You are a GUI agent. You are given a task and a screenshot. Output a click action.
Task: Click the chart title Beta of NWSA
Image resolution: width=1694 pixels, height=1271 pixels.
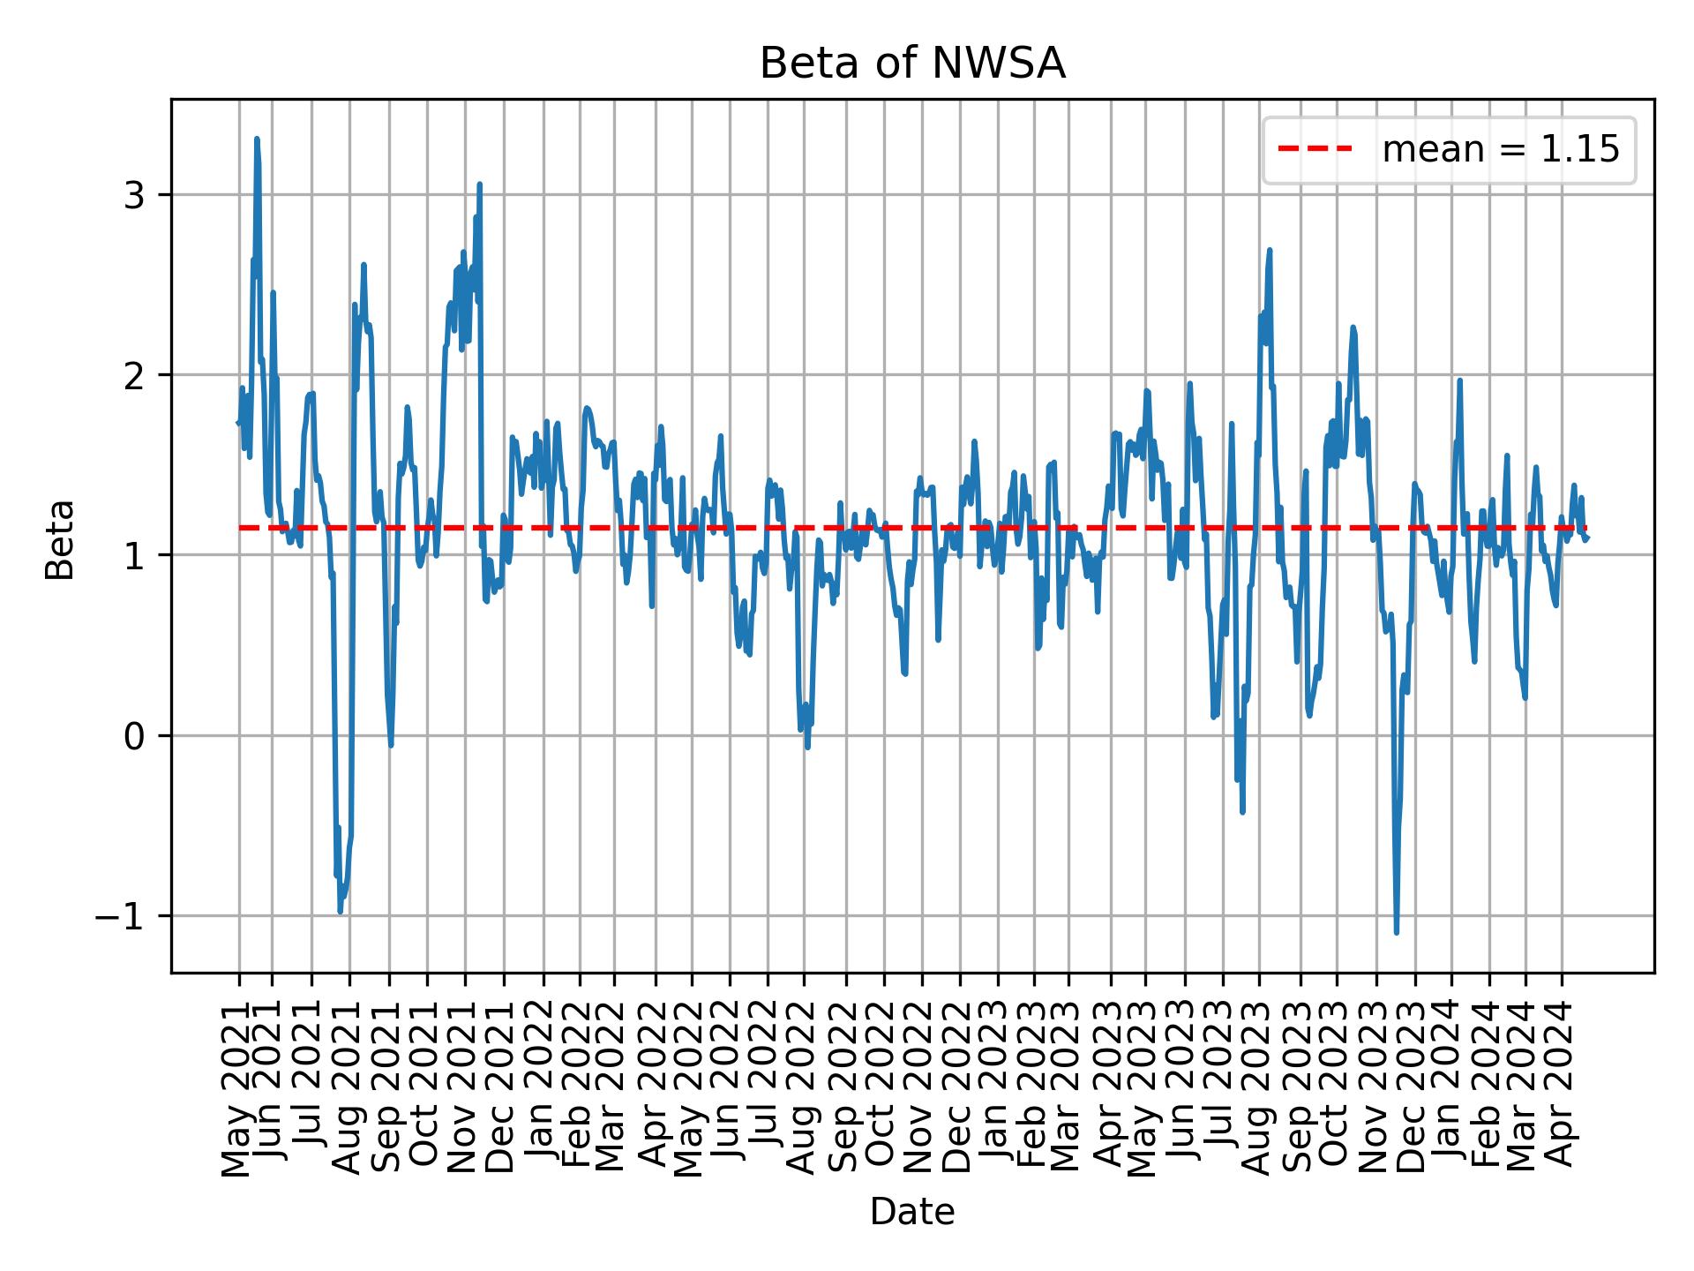click(912, 64)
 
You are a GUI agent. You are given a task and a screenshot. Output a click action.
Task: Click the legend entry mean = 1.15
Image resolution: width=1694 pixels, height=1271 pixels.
click(1500, 150)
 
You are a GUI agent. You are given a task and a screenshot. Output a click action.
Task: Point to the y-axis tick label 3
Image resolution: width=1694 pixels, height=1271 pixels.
click(133, 195)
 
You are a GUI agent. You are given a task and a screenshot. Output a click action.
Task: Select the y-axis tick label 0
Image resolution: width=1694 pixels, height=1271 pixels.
click(133, 736)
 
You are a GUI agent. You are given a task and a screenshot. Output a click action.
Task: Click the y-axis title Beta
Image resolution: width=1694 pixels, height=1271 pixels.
click(60, 539)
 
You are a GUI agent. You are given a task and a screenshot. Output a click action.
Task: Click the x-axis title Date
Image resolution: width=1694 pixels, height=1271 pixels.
click(912, 1212)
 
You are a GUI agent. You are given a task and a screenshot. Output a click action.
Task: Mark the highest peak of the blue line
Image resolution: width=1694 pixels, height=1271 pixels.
click(257, 139)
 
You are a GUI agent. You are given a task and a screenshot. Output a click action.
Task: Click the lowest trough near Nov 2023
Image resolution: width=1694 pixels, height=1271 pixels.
click(1396, 931)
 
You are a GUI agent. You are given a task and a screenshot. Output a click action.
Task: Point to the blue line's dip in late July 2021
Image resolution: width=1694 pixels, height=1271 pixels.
click(341, 911)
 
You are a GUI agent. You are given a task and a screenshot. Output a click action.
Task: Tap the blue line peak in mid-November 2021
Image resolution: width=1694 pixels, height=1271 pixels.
click(479, 184)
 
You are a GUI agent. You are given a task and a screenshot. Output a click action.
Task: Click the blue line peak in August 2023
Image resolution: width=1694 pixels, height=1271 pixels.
click(1269, 250)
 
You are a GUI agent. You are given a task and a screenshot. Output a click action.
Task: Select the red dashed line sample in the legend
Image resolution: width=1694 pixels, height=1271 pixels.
click(1315, 150)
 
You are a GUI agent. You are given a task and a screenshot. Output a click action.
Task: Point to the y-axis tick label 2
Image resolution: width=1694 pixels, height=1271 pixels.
click(133, 375)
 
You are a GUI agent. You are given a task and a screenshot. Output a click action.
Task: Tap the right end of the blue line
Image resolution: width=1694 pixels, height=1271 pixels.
click(1587, 538)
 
